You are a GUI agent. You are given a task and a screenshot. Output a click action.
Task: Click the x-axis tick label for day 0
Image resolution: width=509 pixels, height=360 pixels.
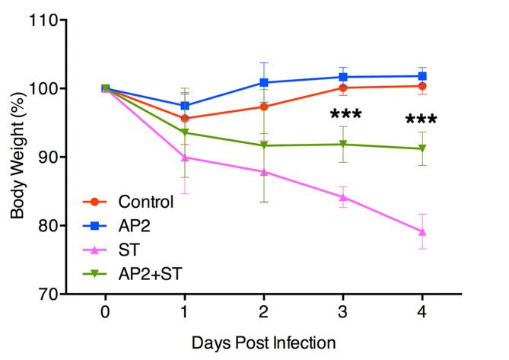click(x=105, y=312)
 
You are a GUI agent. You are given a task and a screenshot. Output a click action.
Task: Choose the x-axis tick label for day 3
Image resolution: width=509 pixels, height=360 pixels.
click(x=342, y=312)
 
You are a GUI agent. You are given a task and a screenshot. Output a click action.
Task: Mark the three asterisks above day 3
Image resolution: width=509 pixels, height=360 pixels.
click(x=345, y=116)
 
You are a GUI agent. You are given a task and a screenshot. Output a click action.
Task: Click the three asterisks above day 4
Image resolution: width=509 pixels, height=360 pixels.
click(x=421, y=121)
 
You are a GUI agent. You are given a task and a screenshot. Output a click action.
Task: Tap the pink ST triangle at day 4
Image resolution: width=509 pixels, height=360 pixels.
click(x=422, y=231)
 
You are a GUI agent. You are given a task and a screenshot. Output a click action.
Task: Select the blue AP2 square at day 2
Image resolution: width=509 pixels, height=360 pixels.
click(x=264, y=82)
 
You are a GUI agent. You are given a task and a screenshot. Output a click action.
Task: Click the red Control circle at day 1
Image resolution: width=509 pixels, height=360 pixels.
click(x=185, y=118)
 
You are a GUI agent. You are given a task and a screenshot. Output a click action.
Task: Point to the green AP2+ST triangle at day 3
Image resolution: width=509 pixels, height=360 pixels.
click(x=343, y=145)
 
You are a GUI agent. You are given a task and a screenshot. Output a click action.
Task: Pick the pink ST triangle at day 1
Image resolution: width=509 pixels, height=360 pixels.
click(x=185, y=157)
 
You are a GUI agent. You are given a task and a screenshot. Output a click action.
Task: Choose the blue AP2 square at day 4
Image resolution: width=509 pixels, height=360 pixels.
click(x=422, y=76)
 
